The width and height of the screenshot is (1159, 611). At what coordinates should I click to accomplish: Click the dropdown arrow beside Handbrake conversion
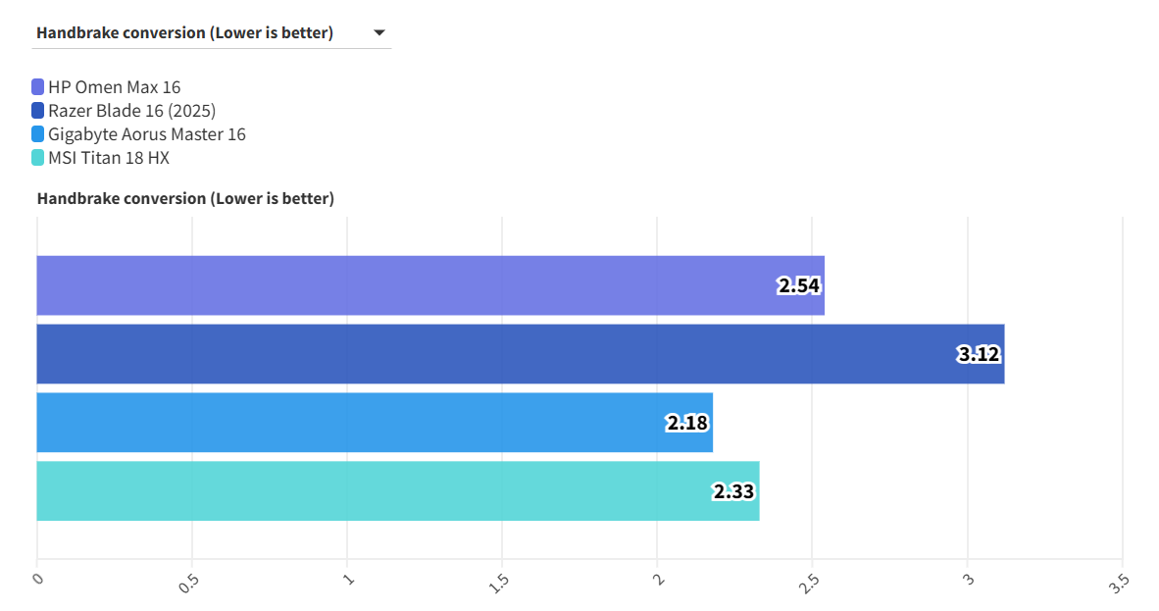[379, 33]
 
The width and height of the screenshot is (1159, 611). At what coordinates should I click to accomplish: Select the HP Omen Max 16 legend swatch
[38, 87]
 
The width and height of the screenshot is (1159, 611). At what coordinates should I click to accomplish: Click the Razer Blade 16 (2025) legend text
[131, 111]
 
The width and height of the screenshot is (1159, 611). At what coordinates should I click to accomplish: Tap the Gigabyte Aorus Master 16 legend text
[146, 134]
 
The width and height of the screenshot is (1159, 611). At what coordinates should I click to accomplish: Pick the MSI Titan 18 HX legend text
[108, 158]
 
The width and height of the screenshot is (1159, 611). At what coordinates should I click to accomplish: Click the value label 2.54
[799, 286]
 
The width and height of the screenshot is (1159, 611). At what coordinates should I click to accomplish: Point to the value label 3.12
[979, 354]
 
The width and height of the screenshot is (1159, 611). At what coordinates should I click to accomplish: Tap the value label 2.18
[687, 424]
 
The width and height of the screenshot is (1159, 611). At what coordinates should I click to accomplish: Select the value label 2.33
[734, 491]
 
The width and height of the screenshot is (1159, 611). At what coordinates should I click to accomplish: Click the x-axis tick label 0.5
[189, 580]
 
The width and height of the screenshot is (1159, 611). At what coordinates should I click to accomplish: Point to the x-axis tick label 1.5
[499, 580]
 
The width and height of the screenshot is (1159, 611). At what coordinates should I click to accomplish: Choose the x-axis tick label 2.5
[810, 580]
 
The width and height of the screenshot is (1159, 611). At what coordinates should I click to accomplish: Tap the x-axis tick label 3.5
[1120, 580]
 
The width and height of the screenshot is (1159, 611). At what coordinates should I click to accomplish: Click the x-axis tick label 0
[38, 578]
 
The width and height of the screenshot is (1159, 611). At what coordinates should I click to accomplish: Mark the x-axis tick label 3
[968, 578]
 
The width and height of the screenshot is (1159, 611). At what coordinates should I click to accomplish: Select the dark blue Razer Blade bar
[490, 354]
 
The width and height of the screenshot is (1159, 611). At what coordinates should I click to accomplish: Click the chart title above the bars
[185, 199]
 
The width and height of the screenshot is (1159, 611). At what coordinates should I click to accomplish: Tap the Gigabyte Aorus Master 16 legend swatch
[38, 134]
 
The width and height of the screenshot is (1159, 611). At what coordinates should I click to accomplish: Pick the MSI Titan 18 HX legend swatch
[38, 158]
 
